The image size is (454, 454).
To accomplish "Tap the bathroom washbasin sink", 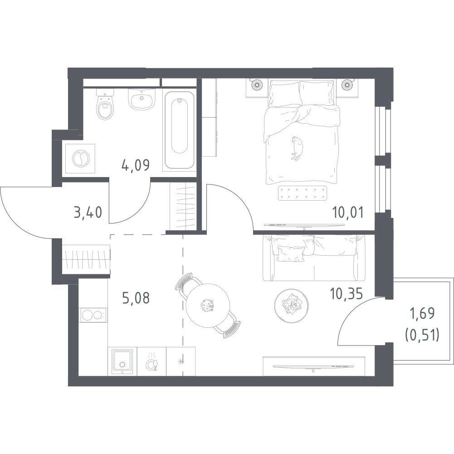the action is tap(142, 99).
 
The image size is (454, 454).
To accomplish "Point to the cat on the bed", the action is tap(297, 148).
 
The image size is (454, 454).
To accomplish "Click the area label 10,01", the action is tap(347, 213).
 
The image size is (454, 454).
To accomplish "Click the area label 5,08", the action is tap(136, 298).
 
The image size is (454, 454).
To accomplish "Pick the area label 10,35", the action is tap(347, 294).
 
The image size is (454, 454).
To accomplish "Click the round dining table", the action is tap(208, 306).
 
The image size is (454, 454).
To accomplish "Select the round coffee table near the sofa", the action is tap(291, 306).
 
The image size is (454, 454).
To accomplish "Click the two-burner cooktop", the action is tap(93, 315).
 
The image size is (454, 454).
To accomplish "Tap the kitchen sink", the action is tap(122, 361).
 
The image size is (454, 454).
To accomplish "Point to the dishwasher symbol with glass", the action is tap(151, 362).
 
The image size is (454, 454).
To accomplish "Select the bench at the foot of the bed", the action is tap(302, 193).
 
